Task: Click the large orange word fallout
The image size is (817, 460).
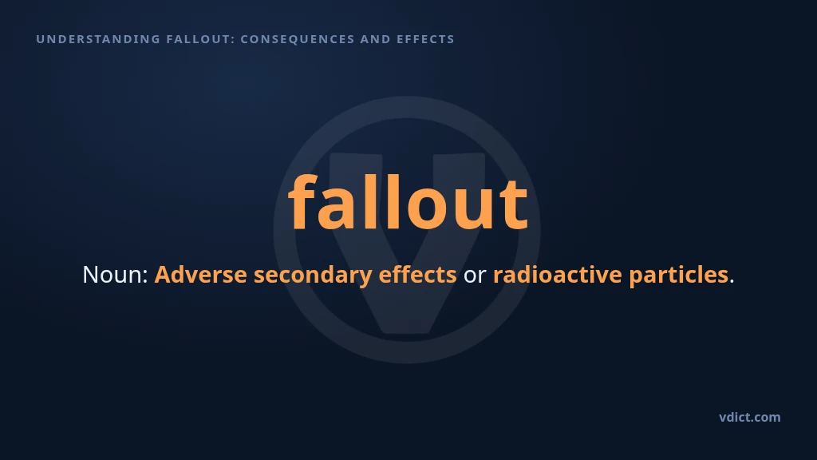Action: (x=408, y=201)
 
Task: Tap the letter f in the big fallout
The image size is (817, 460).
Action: (x=303, y=201)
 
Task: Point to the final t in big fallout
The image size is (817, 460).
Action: (x=515, y=205)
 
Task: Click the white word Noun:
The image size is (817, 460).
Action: (x=116, y=275)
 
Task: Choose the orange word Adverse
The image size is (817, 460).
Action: (x=200, y=275)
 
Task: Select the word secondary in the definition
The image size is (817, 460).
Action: (x=313, y=276)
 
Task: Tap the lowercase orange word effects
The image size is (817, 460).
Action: (x=417, y=275)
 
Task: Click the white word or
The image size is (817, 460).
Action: (x=475, y=276)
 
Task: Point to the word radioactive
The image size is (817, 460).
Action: (x=558, y=275)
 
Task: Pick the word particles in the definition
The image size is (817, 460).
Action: (x=679, y=276)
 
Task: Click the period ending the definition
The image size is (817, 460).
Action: (x=732, y=282)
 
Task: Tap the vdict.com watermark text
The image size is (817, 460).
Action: (x=750, y=417)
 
